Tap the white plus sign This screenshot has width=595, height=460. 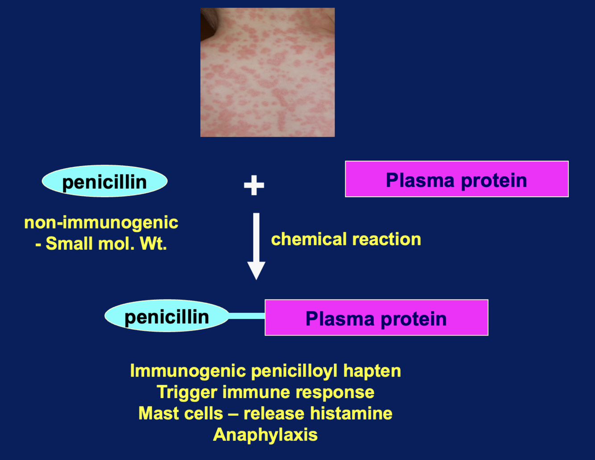254,185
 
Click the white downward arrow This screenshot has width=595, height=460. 256,245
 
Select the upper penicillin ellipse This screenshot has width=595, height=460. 104,182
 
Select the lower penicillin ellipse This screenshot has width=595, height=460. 167,316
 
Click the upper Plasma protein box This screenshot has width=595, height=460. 456,179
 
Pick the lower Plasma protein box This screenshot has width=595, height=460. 376,318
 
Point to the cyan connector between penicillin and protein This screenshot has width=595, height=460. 247,316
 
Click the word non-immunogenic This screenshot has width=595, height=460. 101,222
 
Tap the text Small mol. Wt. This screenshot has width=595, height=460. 106,244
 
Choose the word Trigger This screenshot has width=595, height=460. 187,392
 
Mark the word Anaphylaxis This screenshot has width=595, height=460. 265,435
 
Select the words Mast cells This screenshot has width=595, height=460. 181,413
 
